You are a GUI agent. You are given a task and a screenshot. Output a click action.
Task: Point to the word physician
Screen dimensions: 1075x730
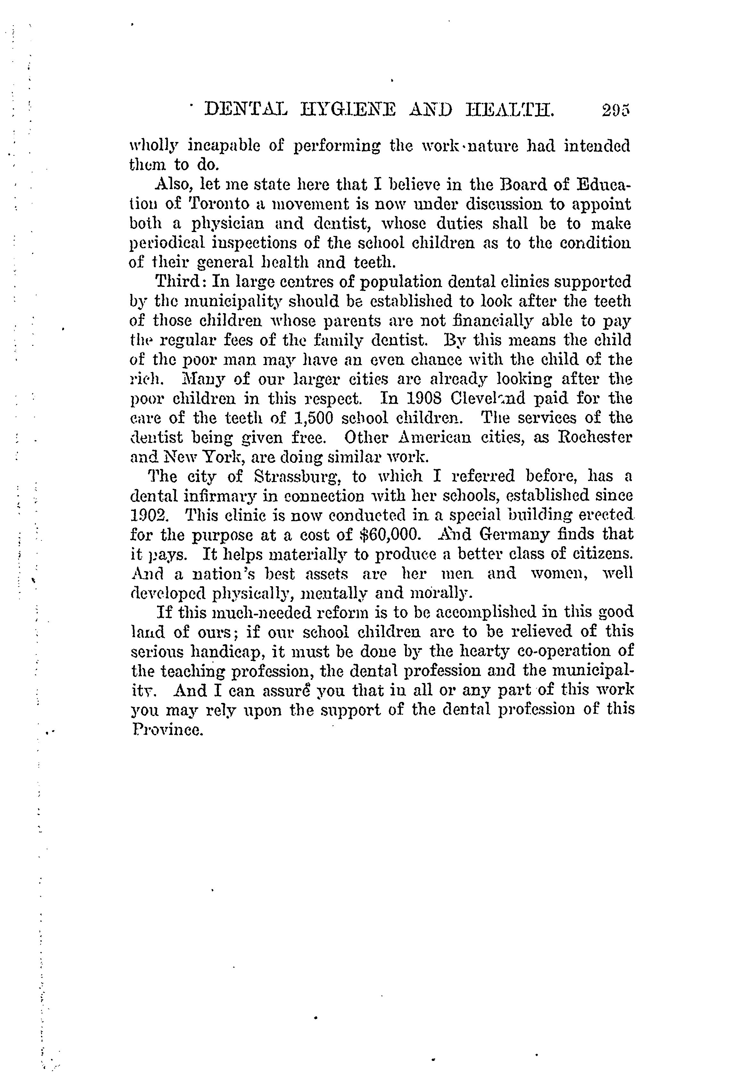point(224,224)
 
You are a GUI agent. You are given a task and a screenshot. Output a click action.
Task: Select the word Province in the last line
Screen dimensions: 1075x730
point(168,729)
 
